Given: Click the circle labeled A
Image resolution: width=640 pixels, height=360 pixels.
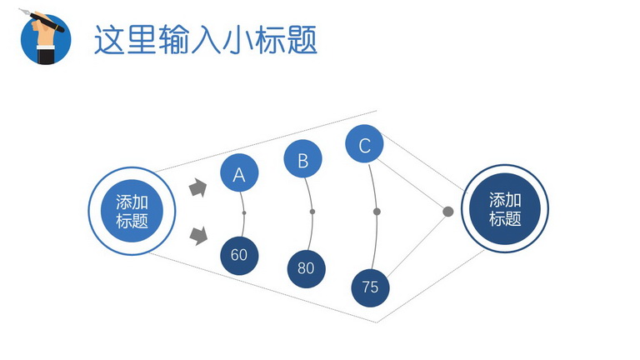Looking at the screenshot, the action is click(239, 172).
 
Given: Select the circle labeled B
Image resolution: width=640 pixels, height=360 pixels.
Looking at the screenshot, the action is click(302, 159).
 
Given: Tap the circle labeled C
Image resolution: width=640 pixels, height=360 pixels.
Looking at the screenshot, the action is click(364, 143).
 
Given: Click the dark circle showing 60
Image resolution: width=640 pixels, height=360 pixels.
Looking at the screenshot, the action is click(239, 256).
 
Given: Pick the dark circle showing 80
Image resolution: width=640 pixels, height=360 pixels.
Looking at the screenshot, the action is click(306, 269).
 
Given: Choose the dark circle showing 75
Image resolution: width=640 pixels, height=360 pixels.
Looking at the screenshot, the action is click(370, 287).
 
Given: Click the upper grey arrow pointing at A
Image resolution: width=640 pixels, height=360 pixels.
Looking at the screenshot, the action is click(198, 187).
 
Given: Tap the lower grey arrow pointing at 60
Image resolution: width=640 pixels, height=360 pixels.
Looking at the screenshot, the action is click(199, 236).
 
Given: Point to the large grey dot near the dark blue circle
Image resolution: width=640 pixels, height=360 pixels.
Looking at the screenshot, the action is click(448, 212).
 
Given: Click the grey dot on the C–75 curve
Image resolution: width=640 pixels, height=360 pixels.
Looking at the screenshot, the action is click(377, 212).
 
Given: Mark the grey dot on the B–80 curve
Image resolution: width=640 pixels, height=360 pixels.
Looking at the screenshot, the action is click(312, 212).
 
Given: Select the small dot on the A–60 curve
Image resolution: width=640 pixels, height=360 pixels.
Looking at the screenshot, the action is click(244, 212).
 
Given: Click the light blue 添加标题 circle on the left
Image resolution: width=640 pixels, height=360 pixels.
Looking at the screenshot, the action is click(132, 211).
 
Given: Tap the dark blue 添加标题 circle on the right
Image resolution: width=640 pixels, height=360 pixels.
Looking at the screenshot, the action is click(505, 208).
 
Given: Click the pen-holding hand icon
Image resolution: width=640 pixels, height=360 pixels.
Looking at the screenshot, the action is click(45, 37).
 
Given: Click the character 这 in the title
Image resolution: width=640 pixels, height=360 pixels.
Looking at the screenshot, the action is click(109, 40).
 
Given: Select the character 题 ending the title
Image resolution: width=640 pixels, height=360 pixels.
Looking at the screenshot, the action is click(302, 40).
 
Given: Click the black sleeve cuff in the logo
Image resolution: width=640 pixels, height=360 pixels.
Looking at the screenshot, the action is click(46, 55).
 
